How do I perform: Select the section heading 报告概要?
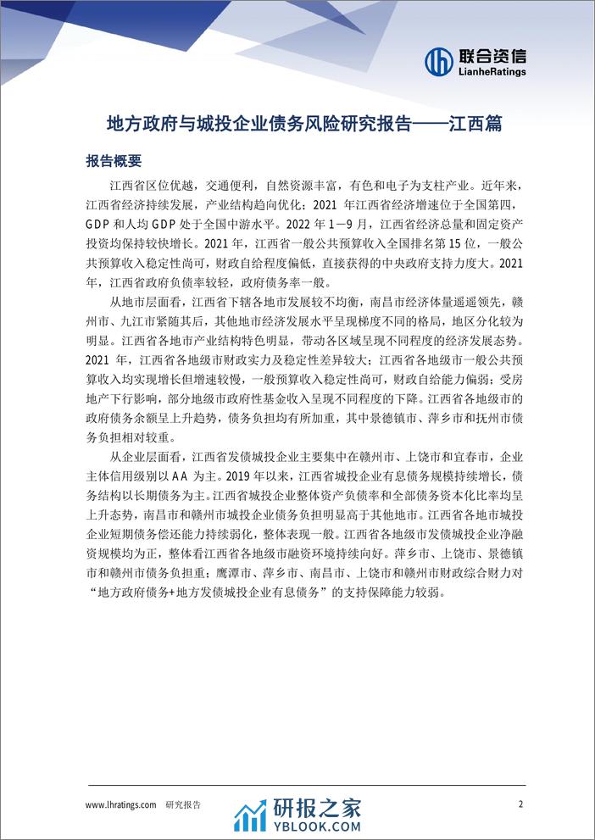pos(114,160)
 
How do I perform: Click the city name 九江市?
pos(148,322)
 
